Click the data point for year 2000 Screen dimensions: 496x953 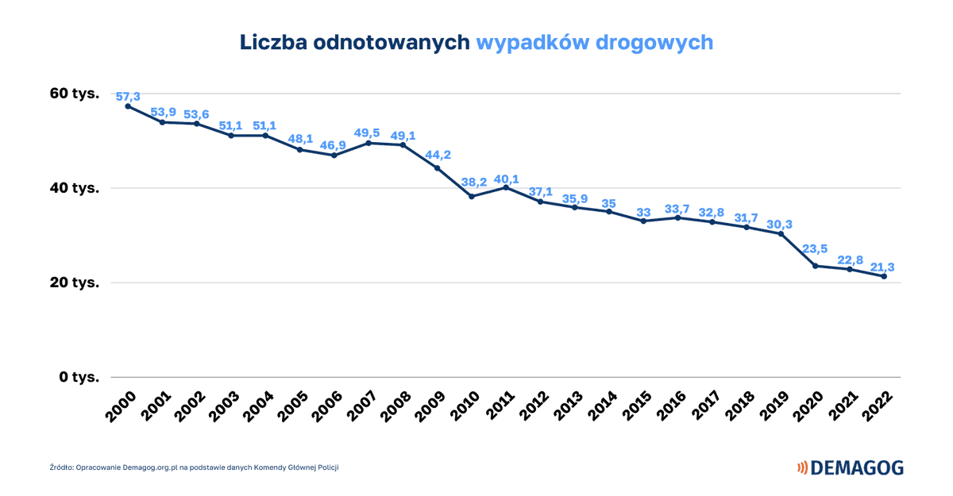click(x=128, y=106)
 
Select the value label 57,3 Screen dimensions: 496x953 click(x=128, y=97)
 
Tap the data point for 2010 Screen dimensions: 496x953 click(x=472, y=196)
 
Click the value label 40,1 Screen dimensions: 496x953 click(x=506, y=179)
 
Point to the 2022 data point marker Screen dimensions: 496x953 click(x=884, y=276)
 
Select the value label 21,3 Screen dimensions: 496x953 click(x=883, y=267)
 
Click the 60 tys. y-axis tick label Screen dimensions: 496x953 click(x=75, y=94)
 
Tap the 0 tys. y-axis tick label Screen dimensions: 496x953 click(x=78, y=377)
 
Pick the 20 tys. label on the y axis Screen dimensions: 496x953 click(x=75, y=283)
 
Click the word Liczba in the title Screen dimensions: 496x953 click(x=274, y=42)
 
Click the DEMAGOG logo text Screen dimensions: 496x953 click(x=857, y=468)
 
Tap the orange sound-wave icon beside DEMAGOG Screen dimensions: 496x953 click(x=802, y=468)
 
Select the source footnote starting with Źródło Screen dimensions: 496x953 click(x=194, y=467)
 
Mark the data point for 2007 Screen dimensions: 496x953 click(x=368, y=143)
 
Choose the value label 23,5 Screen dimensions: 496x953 click(x=815, y=248)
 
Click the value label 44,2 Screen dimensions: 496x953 click(x=437, y=155)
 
